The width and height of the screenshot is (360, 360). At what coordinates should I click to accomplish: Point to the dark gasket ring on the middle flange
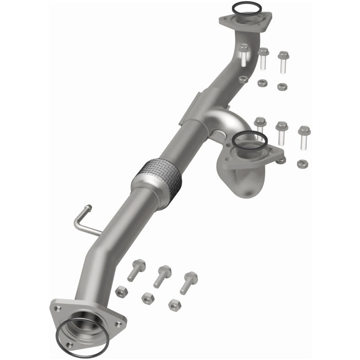[249, 140]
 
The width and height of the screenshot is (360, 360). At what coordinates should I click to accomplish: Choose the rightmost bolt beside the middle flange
[304, 137]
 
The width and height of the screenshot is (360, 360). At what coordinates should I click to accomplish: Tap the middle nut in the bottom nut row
[147, 297]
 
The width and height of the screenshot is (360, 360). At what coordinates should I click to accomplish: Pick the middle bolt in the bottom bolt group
[162, 276]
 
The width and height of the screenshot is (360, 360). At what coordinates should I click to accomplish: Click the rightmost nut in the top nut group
[282, 86]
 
